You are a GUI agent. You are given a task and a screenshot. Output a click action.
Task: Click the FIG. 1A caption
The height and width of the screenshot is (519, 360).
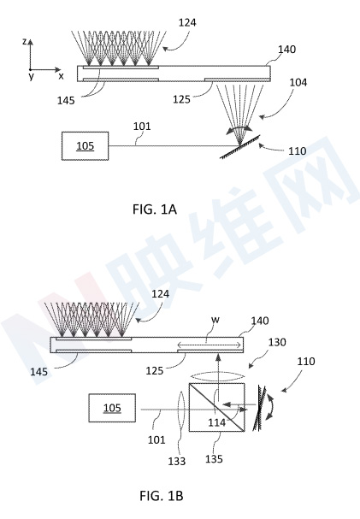pos(155,209)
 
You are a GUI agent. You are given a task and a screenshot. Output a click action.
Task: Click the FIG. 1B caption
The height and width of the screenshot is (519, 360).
pos(161,496)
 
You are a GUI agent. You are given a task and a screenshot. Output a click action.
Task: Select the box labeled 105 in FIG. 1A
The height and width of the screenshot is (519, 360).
pos(85,146)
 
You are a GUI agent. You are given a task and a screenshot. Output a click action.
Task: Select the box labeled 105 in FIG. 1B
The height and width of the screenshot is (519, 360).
pos(112,408)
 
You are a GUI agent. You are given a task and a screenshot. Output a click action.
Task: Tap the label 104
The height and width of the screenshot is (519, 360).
pos(298,82)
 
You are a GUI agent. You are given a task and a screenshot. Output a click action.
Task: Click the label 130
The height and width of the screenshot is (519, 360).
pos(277,342)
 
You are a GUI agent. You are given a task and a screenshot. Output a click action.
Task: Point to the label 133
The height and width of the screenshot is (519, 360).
pos(176,461)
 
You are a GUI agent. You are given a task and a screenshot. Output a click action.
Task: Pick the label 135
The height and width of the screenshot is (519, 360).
pos(214,459)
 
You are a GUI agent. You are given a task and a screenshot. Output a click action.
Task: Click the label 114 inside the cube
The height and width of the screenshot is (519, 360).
pos(216,422)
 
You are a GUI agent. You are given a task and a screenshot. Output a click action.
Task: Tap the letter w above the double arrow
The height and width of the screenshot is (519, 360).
pos(215,320)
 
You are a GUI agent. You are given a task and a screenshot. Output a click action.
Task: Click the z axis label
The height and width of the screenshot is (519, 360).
pos(24,41)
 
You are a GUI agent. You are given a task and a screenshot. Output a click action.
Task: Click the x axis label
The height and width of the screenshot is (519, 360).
pos(61,76)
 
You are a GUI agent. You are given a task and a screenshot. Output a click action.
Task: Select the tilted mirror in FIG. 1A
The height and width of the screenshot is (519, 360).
pos(240,146)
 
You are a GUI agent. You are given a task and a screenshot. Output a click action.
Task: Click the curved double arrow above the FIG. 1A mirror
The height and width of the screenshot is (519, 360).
pos(239,128)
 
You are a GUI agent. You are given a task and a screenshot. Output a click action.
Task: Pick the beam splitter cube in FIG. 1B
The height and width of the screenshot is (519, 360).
pos(216,408)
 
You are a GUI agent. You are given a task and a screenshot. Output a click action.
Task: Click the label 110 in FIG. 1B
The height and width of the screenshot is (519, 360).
pos(306,361)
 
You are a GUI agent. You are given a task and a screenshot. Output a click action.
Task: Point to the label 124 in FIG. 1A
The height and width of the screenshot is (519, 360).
pos(187,22)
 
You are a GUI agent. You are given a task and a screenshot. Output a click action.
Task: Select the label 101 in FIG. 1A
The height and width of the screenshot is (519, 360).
pos(142,126)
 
